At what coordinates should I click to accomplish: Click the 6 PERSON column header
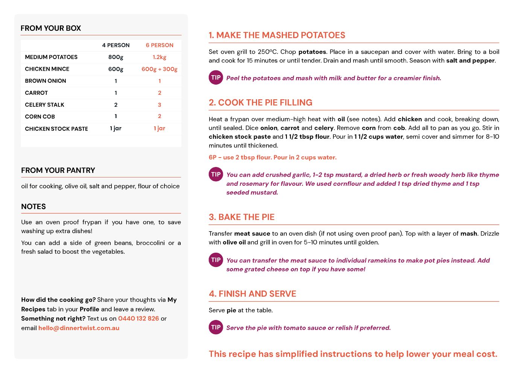tap(160, 45)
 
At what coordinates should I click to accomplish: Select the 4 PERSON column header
tap(116, 45)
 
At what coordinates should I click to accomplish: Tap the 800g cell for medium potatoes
tap(116, 57)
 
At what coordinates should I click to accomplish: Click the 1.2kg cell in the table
tap(160, 57)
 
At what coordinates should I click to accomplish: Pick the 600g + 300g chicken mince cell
tap(160, 69)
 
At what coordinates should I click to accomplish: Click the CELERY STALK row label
tap(44, 105)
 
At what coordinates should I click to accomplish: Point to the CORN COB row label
tap(40, 117)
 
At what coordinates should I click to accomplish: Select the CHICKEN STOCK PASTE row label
tap(56, 129)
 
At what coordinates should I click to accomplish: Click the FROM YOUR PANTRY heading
tap(58, 170)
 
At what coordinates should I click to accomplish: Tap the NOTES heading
tap(33, 206)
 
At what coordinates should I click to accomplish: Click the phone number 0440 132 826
tap(138, 318)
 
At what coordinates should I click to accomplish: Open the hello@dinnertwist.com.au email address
tap(79, 328)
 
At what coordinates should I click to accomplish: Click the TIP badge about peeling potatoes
tap(216, 78)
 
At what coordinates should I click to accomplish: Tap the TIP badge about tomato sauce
tap(216, 328)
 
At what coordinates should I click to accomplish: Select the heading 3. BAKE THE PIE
tap(242, 217)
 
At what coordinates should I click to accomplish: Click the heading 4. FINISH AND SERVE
tap(253, 294)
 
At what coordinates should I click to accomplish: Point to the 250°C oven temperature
tap(267, 52)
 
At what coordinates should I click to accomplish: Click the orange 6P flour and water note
tap(272, 158)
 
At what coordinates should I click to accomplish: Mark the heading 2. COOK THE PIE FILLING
tap(260, 103)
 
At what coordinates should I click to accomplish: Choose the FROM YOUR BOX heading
tap(51, 28)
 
